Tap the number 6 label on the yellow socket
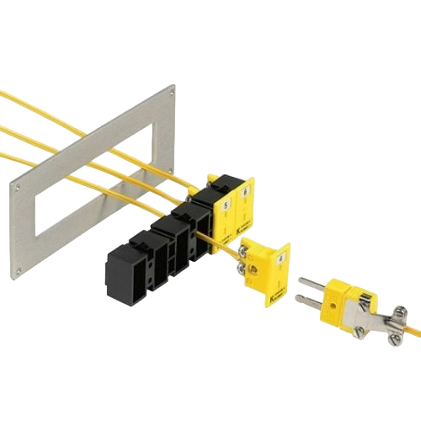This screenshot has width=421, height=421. tap(245, 193)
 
